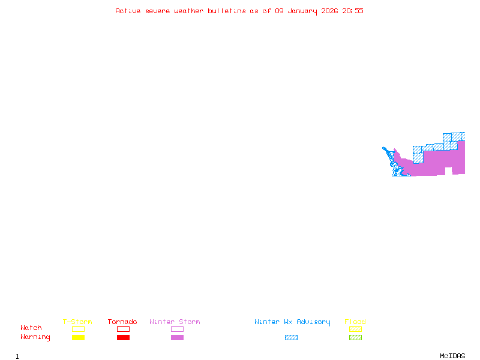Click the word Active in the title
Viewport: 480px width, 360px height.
[127, 11]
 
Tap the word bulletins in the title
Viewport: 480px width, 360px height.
[227, 11]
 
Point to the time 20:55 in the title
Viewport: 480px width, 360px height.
[353, 11]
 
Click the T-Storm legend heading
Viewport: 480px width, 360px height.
[77, 322]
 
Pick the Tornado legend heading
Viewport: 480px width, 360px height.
[122, 322]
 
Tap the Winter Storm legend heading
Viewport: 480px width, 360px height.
[175, 322]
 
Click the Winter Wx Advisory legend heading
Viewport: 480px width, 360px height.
[292, 322]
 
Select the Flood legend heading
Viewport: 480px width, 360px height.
[355, 322]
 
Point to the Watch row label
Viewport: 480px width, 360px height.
[31, 328]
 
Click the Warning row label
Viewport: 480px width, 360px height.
[35, 337]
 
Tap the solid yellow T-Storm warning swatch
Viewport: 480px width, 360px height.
[78, 338]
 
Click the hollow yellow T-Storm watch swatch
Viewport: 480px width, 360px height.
[78, 329]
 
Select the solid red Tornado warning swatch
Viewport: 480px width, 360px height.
[123, 338]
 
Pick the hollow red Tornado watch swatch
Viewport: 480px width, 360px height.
[123, 329]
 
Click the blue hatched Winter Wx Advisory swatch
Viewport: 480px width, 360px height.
[291, 338]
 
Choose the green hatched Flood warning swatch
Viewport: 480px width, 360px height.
[355, 338]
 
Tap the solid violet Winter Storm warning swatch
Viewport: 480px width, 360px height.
[177, 338]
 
